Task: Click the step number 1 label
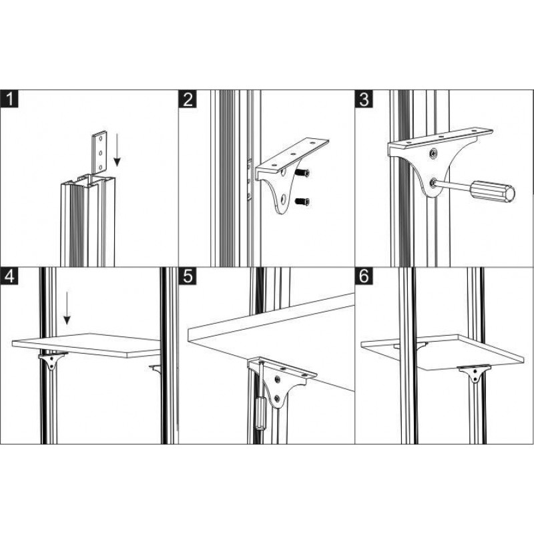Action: point(9,99)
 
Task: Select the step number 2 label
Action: point(188,99)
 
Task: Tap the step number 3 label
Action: point(364,99)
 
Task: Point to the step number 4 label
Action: point(9,276)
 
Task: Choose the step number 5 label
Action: point(188,276)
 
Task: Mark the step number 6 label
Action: point(364,276)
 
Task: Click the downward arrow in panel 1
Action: point(117,150)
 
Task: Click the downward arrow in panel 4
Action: point(67,308)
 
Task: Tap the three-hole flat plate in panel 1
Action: point(99,152)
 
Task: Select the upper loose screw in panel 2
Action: point(302,173)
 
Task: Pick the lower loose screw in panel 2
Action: point(302,202)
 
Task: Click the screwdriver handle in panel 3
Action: point(493,192)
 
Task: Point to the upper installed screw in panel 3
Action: point(433,154)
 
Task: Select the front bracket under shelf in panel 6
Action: point(474,373)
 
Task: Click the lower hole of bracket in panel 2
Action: point(282,198)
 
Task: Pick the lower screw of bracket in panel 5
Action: point(277,398)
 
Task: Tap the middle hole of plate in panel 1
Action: point(101,153)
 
